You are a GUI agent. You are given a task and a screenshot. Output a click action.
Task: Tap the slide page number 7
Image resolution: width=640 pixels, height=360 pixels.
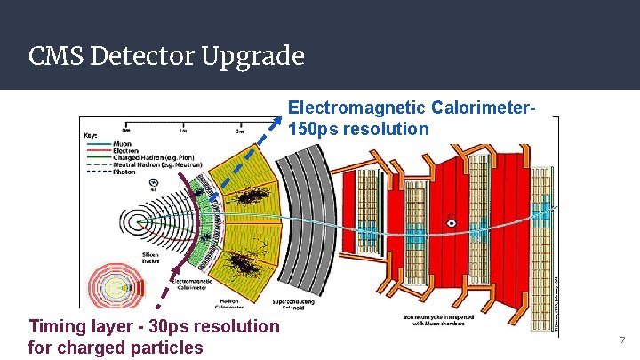(x=622, y=340)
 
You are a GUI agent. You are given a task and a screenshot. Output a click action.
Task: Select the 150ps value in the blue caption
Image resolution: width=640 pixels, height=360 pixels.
(x=313, y=129)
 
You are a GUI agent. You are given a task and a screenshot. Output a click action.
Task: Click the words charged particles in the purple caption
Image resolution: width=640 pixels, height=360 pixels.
(x=116, y=348)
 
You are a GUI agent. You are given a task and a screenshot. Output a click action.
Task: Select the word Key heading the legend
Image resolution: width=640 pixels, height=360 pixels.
(x=91, y=135)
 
